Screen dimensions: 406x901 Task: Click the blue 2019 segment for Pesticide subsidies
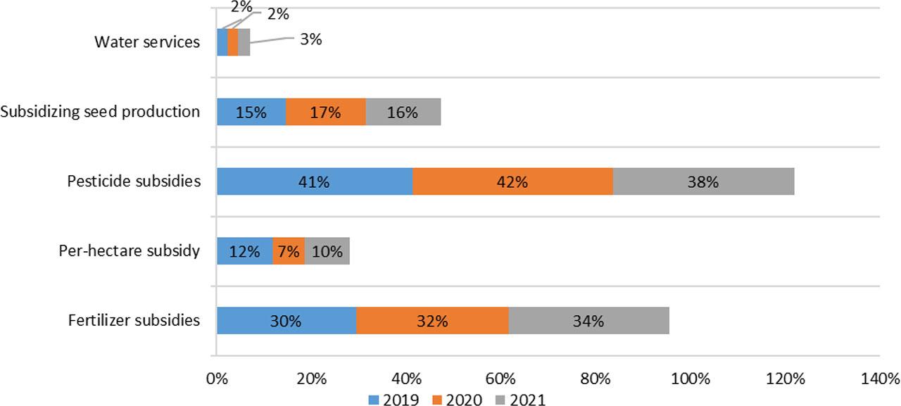pyautogui.click(x=314, y=182)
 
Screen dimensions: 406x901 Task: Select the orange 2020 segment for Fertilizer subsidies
pyautogui.click(x=431, y=321)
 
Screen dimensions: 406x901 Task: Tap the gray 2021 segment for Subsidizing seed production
pyautogui.click(x=403, y=112)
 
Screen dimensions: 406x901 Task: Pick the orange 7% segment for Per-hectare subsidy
pyautogui.click(x=288, y=251)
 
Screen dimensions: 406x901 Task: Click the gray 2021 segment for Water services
pyautogui.click(x=244, y=42)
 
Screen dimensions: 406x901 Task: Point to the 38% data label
pyautogui.click(x=702, y=182)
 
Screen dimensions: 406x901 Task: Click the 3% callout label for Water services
pyautogui.click(x=310, y=39)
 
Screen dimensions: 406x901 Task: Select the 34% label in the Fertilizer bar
pyautogui.click(x=588, y=321)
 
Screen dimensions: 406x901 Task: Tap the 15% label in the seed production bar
pyautogui.click(x=251, y=112)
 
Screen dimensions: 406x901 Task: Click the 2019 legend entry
pyautogui.click(x=394, y=399)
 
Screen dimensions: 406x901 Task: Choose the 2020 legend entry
pyautogui.click(x=457, y=399)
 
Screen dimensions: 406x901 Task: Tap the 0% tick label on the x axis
pyautogui.click(x=216, y=378)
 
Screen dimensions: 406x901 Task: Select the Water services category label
pyautogui.click(x=147, y=42)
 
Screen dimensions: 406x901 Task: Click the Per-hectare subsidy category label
pyautogui.click(x=130, y=251)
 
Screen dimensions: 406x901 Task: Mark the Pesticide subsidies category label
pyautogui.click(x=134, y=182)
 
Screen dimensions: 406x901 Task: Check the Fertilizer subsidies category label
pyautogui.click(x=134, y=321)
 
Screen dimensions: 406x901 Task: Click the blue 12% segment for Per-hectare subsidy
pyautogui.click(x=244, y=251)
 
